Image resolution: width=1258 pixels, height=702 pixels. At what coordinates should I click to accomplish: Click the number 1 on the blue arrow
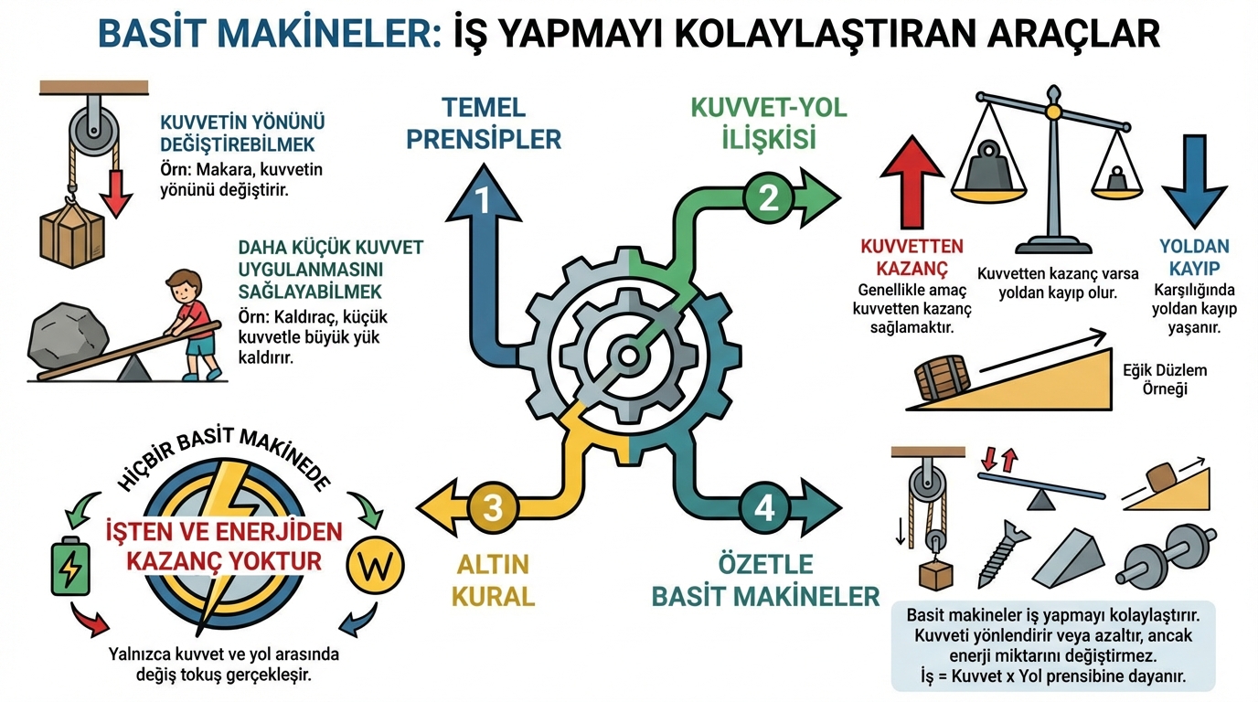click(x=484, y=200)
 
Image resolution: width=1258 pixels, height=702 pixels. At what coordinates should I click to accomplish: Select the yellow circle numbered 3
click(x=492, y=506)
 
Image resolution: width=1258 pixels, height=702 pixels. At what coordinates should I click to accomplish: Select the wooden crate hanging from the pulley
click(x=72, y=237)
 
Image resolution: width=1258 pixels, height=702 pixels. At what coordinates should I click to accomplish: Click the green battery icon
click(x=69, y=568)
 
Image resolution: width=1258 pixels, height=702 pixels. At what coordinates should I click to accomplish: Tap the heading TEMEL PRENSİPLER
click(x=484, y=123)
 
